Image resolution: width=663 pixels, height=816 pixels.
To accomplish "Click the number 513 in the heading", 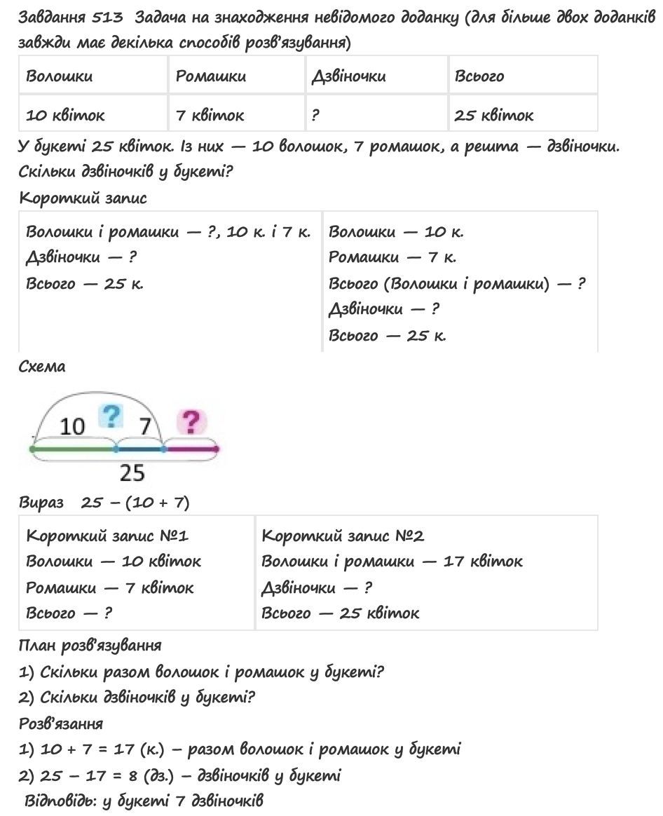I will pyautogui.click(x=107, y=18).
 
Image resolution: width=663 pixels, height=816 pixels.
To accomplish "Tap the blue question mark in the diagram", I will pyautogui.click(x=110, y=416).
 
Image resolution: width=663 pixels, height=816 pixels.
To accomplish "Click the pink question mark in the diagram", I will pyautogui.click(x=191, y=422).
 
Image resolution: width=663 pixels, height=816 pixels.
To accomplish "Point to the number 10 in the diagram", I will pyautogui.click(x=72, y=426).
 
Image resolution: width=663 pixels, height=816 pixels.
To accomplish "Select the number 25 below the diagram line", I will pyautogui.click(x=131, y=474).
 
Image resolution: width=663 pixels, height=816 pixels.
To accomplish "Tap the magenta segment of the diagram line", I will pyautogui.click(x=191, y=449).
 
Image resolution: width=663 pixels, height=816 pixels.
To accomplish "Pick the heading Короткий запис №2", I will pyautogui.click(x=343, y=536).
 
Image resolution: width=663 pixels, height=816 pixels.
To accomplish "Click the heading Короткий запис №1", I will pyautogui.click(x=107, y=536).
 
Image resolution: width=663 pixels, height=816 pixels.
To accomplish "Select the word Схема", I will pyautogui.click(x=42, y=367).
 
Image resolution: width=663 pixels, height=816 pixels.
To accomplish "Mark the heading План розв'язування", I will pyautogui.click(x=90, y=645).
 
